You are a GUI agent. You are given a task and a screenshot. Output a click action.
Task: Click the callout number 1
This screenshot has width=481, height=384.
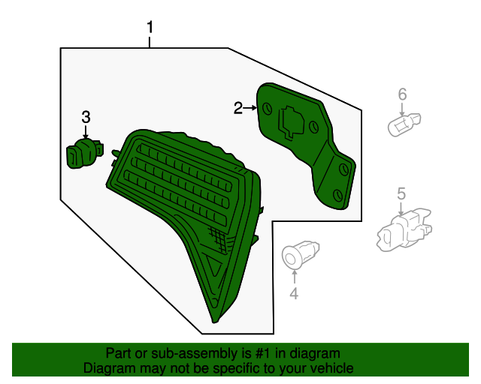[x=150, y=27]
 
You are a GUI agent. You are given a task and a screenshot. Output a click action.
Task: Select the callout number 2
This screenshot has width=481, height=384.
[x=238, y=108]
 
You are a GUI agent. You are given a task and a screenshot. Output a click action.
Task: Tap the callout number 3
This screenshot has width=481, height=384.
[x=86, y=117]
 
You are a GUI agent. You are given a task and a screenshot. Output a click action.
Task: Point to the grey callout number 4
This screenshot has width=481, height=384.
[x=294, y=293]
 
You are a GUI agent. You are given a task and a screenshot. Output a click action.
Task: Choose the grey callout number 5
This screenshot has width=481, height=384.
[x=401, y=193]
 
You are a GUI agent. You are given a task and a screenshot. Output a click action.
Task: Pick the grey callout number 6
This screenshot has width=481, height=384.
[x=402, y=94]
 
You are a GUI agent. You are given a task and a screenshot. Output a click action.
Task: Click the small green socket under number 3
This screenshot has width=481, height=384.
[x=84, y=153]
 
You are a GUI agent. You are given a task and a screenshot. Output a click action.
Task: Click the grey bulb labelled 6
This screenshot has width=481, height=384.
[x=404, y=125]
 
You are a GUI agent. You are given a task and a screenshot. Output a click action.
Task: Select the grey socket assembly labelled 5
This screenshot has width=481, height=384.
[x=404, y=229]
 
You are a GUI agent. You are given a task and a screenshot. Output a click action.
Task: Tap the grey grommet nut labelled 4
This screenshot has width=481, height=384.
[x=300, y=255]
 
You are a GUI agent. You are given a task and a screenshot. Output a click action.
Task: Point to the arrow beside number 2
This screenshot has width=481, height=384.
[x=250, y=108]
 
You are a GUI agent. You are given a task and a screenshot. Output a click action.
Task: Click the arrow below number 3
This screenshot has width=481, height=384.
[x=86, y=131]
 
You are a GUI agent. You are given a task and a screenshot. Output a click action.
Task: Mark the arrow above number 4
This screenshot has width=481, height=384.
[x=294, y=277]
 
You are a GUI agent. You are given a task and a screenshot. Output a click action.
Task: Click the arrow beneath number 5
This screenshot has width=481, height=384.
[x=401, y=208]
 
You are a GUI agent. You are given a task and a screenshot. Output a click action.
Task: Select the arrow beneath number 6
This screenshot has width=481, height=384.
[x=402, y=109]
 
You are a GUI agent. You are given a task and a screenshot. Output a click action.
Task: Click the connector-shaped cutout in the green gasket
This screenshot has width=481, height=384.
[x=291, y=122]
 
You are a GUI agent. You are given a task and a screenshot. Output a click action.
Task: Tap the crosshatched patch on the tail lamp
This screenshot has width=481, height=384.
[x=219, y=238]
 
